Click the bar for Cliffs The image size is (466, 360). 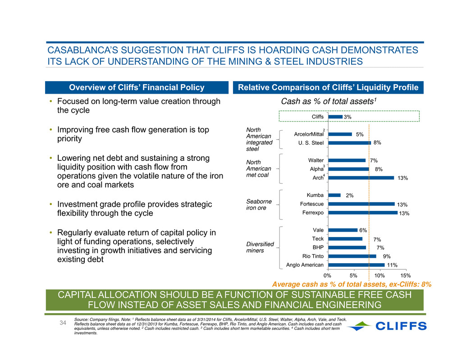click(x=335, y=117)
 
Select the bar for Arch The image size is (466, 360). click(x=361, y=178)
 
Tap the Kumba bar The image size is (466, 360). click(x=334, y=195)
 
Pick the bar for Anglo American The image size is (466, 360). click(x=356, y=264)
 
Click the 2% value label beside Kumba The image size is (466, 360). click(x=350, y=196)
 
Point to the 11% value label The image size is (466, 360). click(x=392, y=265)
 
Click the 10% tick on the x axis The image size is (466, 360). click(x=379, y=275)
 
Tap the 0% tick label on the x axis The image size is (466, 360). click(x=327, y=275)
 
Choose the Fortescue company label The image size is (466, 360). click(x=312, y=204)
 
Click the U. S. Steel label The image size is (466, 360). click(x=311, y=143)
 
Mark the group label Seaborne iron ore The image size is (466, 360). click(x=259, y=205)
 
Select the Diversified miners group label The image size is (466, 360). click(x=260, y=247)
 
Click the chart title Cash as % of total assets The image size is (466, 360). click(x=329, y=101)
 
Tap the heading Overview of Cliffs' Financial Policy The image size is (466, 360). click(x=137, y=87)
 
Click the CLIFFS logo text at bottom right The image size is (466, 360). click(x=401, y=326)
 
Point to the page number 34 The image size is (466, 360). click(x=63, y=323)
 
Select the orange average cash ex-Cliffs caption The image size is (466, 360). click(x=352, y=284)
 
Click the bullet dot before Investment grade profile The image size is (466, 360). click(x=51, y=204)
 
